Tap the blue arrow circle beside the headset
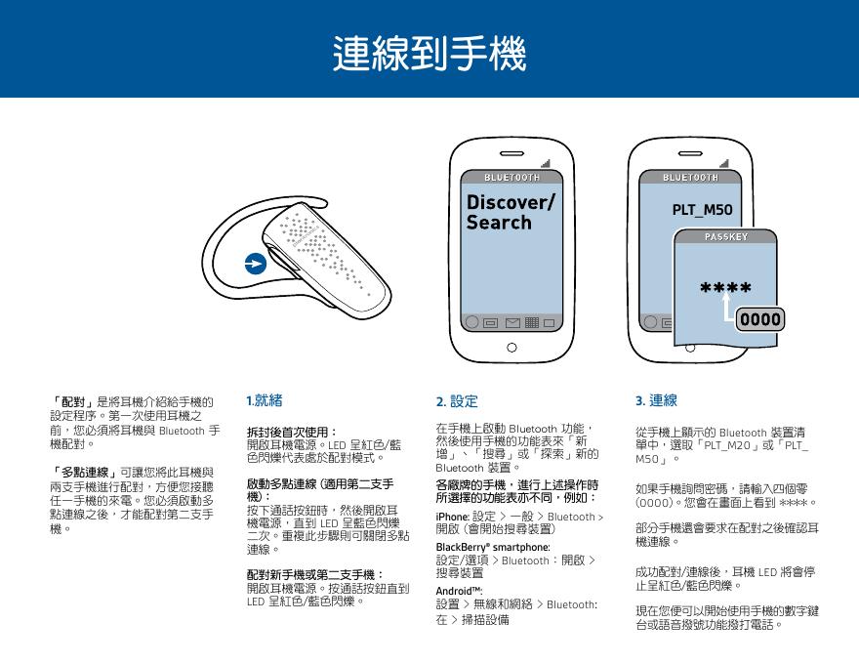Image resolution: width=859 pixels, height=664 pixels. coord(254,265)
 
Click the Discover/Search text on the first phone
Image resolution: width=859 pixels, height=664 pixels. coord(511,212)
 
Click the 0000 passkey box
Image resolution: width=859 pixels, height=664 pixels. coord(759,320)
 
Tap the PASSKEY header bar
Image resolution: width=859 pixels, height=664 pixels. coord(726,237)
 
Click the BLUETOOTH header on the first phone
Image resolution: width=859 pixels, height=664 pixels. coord(511,178)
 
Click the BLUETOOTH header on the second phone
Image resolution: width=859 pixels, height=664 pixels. coord(690,178)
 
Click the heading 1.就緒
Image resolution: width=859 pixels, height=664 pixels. coord(265,399)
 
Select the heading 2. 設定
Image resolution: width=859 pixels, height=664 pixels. coord(457,400)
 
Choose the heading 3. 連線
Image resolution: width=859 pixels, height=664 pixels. coord(656,400)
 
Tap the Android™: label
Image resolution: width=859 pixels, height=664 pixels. coord(459,591)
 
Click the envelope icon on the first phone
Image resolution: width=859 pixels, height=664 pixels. coord(511,323)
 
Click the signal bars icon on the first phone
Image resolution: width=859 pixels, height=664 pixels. coord(544,161)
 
